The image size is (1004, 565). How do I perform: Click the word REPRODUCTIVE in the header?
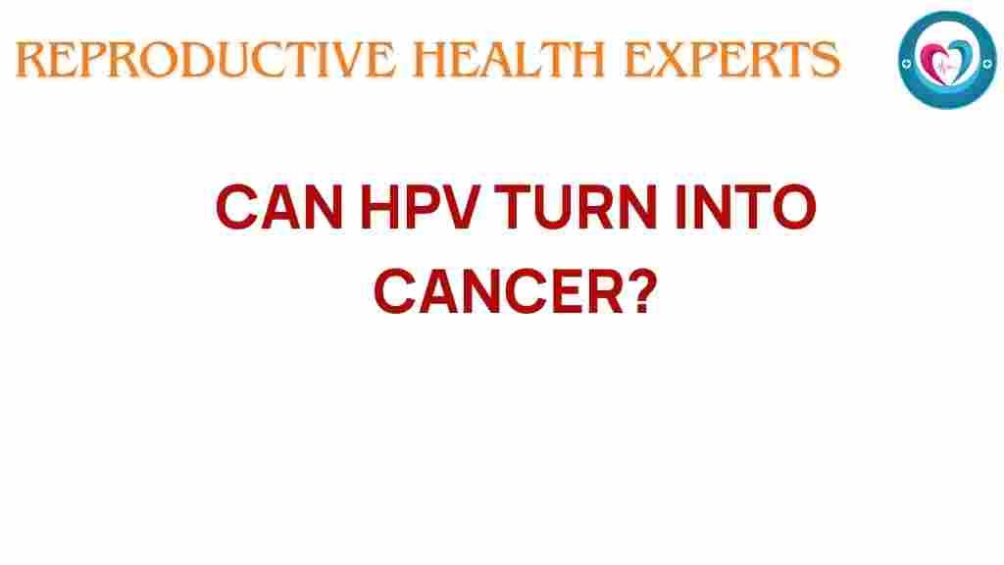coord(205,59)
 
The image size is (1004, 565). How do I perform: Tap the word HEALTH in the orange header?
coord(509,59)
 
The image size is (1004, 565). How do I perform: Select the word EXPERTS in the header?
coord(731,59)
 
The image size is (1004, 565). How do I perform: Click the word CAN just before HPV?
coord(279,207)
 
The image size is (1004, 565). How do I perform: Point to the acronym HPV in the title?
coord(420,207)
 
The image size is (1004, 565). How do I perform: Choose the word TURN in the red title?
coord(576,207)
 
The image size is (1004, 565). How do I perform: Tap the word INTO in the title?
coord(745,207)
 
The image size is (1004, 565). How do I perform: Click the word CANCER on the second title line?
coord(499,291)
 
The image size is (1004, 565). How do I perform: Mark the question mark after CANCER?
coord(643,291)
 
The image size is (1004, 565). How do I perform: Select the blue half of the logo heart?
coord(963,58)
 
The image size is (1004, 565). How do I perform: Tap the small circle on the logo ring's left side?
coord(906,64)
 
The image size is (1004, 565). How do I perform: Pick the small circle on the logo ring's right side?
coord(988,63)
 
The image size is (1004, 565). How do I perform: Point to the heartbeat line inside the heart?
coord(946,66)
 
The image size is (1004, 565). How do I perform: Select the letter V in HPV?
coord(459,207)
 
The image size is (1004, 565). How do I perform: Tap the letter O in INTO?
coord(794,207)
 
